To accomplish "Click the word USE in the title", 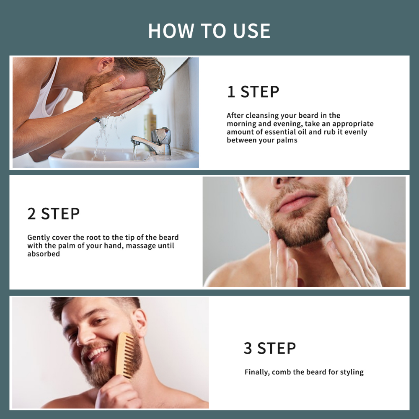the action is click(x=251, y=31).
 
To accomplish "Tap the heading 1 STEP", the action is click(x=253, y=92).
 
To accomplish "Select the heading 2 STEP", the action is click(x=54, y=214).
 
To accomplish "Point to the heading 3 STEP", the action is click(x=270, y=348).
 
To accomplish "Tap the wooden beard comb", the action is click(x=125, y=354).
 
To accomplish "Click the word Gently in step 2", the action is click(x=39, y=238).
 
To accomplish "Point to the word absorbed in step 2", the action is click(x=44, y=253).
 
